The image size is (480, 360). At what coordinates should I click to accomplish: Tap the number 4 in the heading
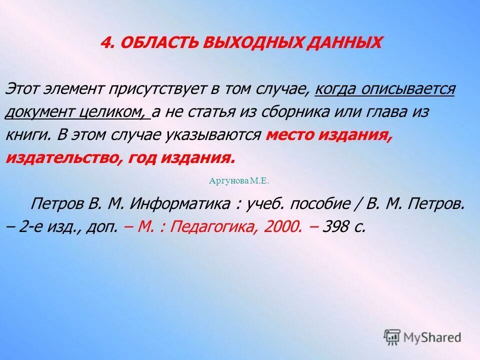pyautogui.click(x=105, y=42)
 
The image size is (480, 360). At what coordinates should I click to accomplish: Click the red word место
pyautogui.click(x=289, y=135)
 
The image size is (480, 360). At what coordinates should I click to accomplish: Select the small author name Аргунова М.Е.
pyautogui.click(x=239, y=181)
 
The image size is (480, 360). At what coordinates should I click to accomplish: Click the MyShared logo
pyautogui.click(x=422, y=337)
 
